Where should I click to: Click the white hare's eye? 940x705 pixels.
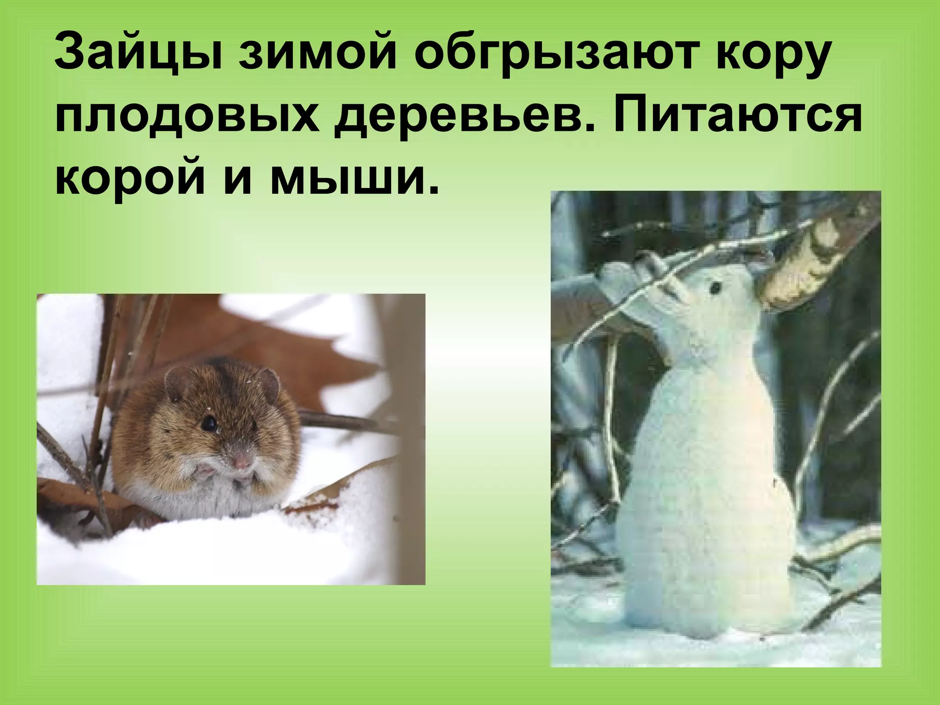[715, 288]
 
